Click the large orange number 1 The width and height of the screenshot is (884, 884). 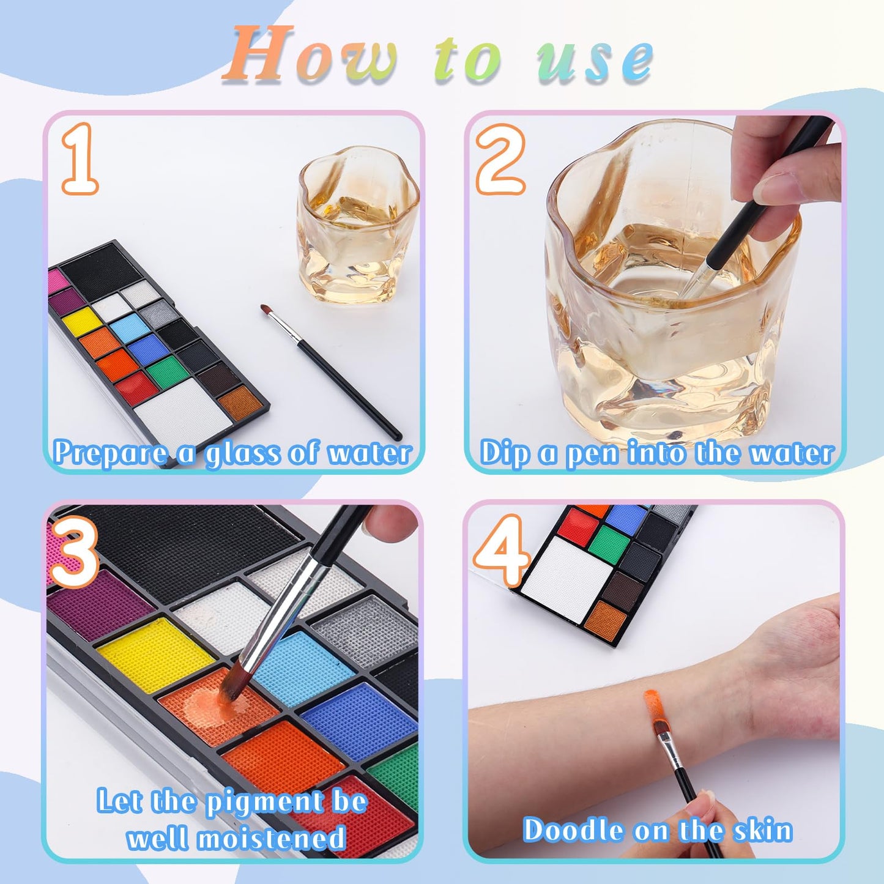pos(80,158)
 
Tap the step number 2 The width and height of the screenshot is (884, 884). pos(500,158)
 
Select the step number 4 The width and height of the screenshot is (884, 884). pos(500,551)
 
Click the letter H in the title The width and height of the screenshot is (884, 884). pos(258,54)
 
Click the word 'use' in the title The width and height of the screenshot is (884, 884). pos(595,61)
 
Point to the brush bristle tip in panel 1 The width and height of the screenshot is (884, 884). pos(264,308)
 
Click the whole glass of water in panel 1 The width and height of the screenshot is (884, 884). pos(357,225)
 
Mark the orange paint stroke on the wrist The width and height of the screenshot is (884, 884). pos(652,709)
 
